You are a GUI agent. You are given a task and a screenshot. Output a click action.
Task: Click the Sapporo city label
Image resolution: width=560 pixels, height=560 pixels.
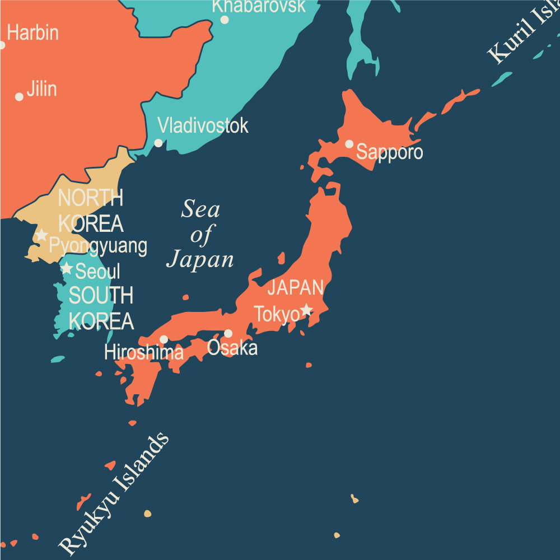coord(390,152)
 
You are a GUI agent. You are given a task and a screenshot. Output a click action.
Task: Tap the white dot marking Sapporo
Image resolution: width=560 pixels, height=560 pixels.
coord(349,144)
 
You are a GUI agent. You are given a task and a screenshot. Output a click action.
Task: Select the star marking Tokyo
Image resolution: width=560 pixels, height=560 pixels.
coord(306,309)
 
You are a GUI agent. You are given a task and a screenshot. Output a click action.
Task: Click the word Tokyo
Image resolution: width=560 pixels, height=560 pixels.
coord(277,315)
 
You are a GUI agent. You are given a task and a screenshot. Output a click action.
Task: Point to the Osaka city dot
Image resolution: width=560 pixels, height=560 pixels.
coord(228,333)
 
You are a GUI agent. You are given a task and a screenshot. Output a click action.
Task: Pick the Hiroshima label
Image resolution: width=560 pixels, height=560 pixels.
coord(144,352)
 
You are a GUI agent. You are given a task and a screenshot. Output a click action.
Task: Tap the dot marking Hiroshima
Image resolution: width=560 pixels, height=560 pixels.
coord(164,339)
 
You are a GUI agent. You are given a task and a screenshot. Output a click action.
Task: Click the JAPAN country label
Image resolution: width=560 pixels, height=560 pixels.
coord(296,288)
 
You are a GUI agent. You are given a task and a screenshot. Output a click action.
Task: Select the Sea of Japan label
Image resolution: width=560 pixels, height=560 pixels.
coord(200,235)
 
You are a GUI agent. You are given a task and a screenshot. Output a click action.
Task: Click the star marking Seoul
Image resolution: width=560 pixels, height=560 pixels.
coord(67,268)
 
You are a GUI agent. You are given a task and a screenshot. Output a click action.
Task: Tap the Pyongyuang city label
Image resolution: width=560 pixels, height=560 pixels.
coord(98,246)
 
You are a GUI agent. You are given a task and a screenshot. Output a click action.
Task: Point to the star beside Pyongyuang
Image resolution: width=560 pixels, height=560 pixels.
coord(41,235)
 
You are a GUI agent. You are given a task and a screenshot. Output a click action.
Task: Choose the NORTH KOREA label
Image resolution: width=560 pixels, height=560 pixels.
coord(91,211)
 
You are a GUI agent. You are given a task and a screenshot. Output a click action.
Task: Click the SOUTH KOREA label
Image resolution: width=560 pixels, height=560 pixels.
coord(101,308)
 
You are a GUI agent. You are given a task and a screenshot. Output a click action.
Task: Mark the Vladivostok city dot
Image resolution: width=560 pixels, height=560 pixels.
coord(158,143)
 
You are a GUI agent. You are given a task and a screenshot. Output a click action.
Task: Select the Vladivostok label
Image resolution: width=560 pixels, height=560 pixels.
coord(203,125)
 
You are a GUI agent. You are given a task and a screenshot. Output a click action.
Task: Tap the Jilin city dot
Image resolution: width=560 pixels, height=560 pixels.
coord(19,97)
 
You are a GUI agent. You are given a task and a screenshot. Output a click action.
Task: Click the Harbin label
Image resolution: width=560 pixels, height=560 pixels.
coord(32,32)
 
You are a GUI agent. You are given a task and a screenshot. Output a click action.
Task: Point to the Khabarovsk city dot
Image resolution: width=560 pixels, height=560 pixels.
coord(225,20)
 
